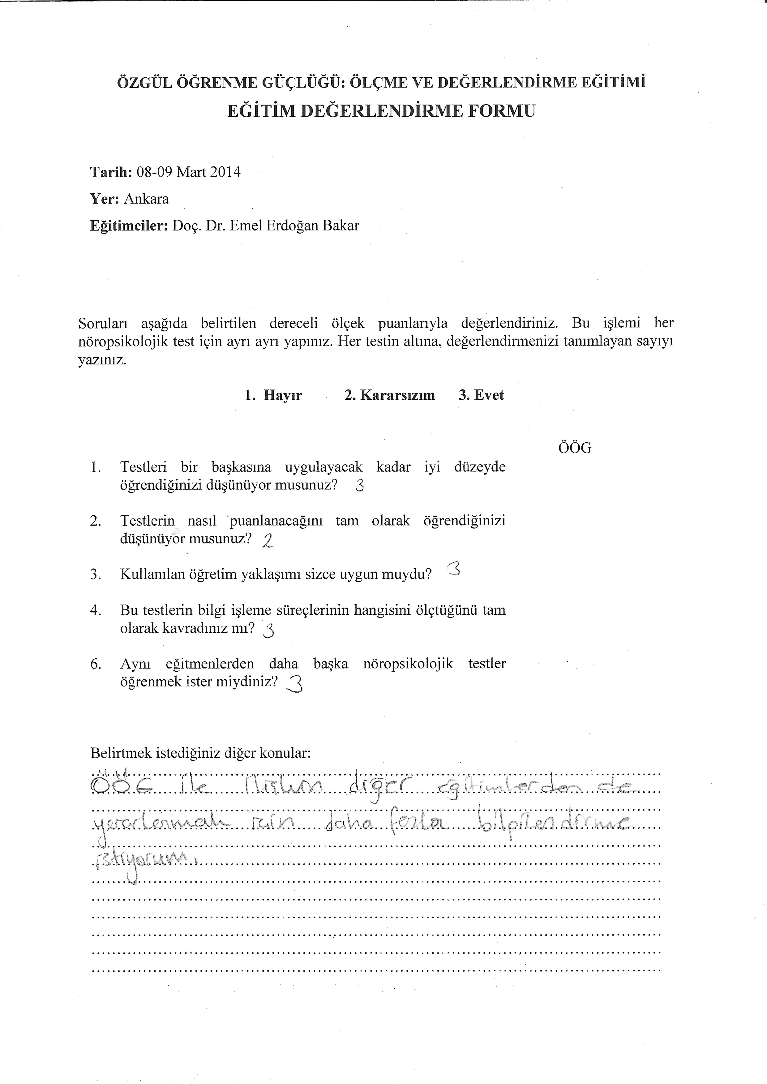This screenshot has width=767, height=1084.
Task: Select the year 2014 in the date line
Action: (225, 172)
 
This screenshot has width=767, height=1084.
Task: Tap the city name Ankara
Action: (146, 199)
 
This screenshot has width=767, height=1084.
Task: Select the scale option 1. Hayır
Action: (273, 395)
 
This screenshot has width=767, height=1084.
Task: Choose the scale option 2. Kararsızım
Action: (390, 395)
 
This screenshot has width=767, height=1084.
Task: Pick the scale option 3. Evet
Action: (481, 395)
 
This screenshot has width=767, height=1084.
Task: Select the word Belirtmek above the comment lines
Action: (120, 753)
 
